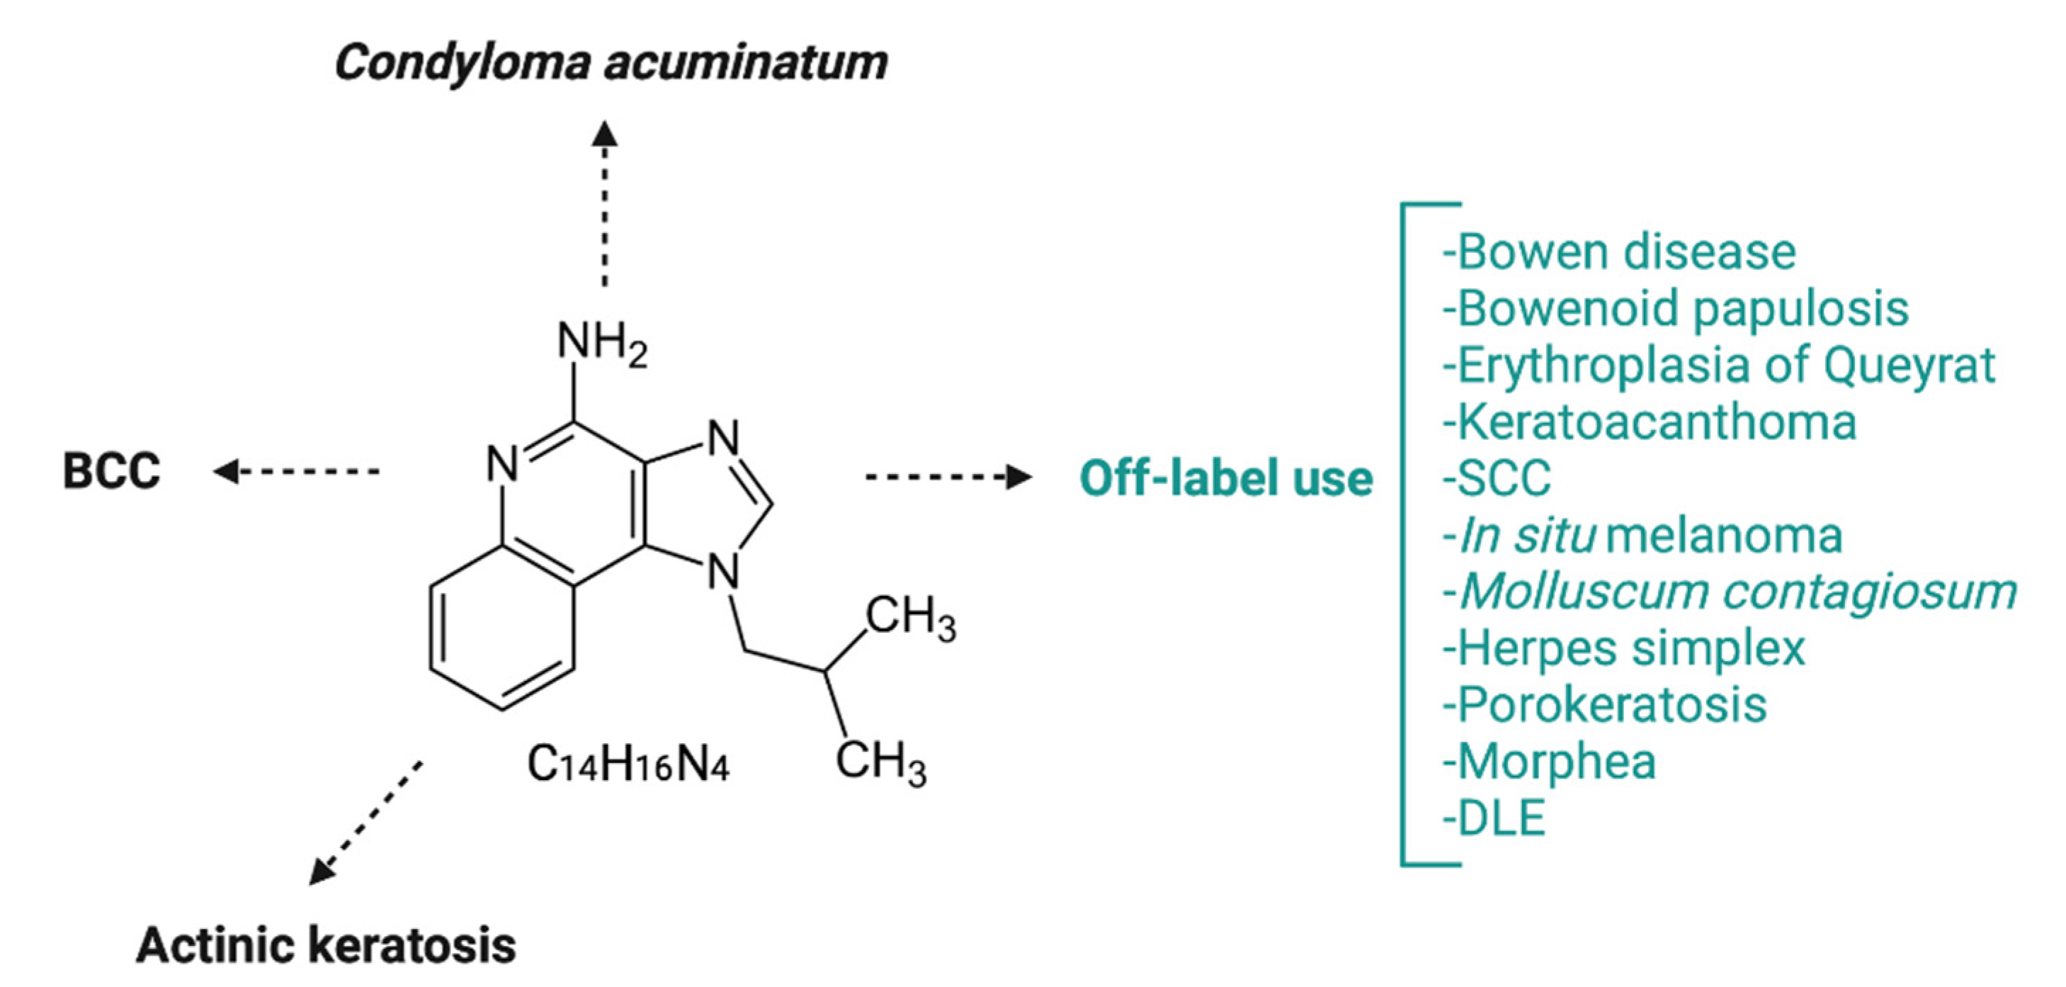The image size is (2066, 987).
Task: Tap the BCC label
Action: [111, 471]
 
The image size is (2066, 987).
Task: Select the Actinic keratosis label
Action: [327, 944]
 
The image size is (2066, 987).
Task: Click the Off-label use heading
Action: [1226, 478]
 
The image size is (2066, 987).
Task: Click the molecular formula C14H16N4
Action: [628, 763]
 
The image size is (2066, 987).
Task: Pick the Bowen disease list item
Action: [1618, 252]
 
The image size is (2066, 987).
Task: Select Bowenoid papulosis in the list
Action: [1674, 309]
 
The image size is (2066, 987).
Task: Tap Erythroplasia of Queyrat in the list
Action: [1718, 365]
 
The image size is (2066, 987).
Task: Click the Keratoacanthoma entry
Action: [1649, 422]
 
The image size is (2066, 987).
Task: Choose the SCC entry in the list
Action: [1497, 478]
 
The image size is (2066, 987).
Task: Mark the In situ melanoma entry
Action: [1642, 535]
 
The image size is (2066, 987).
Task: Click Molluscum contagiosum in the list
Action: [1729, 592]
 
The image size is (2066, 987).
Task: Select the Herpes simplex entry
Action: [1623, 648]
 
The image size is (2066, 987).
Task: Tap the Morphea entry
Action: [1549, 762]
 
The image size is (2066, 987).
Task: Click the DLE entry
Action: [1493, 818]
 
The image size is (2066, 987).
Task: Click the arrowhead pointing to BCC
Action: [225, 471]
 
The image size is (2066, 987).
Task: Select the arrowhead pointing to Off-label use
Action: [1019, 477]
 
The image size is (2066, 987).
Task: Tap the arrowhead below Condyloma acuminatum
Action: [605, 133]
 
